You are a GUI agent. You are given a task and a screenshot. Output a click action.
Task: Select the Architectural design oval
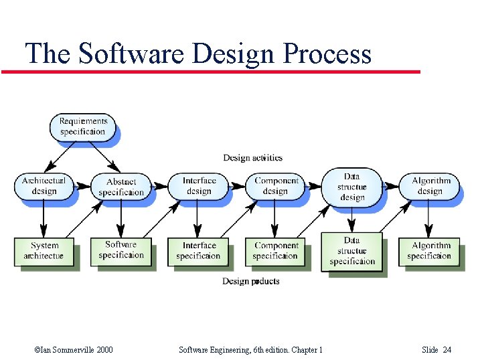[44, 185]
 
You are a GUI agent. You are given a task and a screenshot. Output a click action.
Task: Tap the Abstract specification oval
[121, 186]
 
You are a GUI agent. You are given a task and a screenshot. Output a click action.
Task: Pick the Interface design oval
[199, 185]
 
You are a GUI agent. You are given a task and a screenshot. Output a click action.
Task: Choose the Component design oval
[276, 185]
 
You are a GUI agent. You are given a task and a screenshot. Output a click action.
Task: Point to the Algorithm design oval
[430, 185]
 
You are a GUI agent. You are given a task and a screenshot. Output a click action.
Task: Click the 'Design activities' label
[252, 158]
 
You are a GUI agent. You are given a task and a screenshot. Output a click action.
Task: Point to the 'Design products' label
[251, 281]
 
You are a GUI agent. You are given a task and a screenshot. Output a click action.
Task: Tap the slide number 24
[447, 350]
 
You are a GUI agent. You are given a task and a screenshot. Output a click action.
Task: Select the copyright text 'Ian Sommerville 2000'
[73, 350]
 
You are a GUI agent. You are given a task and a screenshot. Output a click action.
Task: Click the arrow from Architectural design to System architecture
[44, 217]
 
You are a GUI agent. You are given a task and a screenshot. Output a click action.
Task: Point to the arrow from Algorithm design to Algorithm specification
[430, 217]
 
